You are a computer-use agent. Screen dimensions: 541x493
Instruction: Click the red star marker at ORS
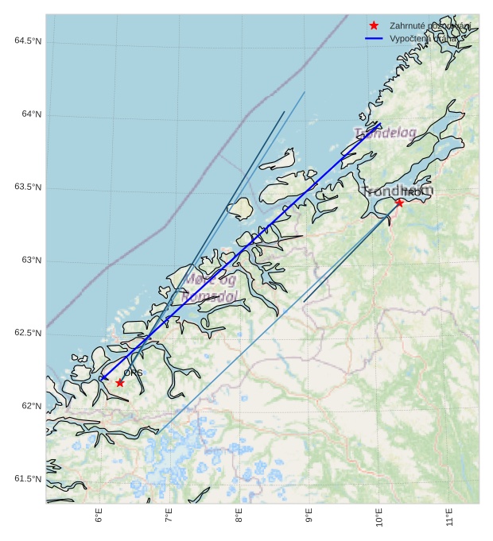click(x=120, y=383)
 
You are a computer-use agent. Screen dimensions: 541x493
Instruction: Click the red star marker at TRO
click(x=399, y=203)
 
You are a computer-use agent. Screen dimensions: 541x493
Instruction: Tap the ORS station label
click(x=133, y=373)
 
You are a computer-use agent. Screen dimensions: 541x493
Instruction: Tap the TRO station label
click(x=411, y=193)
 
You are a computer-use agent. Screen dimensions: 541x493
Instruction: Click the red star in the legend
click(x=374, y=25)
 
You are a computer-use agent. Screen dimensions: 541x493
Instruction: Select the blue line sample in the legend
click(x=374, y=38)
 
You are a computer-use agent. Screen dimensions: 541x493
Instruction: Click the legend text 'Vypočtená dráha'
click(x=424, y=38)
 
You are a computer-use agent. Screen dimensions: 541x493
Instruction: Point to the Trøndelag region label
click(x=385, y=133)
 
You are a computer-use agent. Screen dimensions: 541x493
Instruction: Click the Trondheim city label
click(x=398, y=191)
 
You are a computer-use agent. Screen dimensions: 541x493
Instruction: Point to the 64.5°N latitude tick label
click(x=28, y=41)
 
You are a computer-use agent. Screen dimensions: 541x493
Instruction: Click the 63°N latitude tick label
click(x=31, y=261)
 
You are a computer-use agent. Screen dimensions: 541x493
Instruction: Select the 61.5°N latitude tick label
click(x=28, y=479)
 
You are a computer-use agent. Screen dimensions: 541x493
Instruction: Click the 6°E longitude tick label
click(x=99, y=517)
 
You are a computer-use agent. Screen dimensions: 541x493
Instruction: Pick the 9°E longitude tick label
click(x=309, y=517)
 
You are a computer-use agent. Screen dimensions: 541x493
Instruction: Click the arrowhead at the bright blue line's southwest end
click(x=102, y=378)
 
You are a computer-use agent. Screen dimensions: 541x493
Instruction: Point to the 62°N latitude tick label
click(x=31, y=406)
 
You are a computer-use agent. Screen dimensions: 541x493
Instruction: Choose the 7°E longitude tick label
click(x=169, y=517)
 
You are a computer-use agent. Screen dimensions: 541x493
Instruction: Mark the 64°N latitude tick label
click(x=31, y=114)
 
